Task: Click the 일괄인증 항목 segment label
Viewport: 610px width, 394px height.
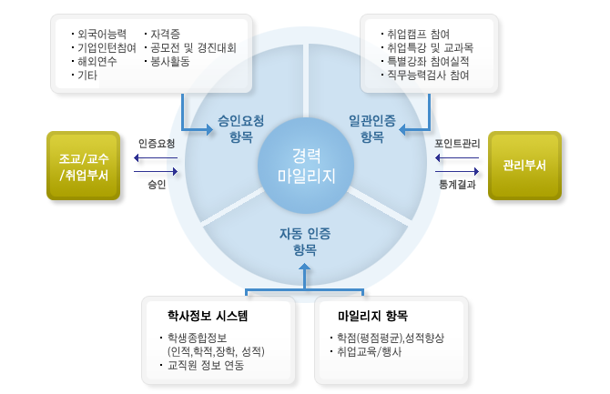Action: [x=371, y=127]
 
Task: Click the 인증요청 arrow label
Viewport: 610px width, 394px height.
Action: [x=157, y=144]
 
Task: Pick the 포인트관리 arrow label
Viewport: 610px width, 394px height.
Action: [x=457, y=144]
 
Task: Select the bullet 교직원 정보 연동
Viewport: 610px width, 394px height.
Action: [x=206, y=366]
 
